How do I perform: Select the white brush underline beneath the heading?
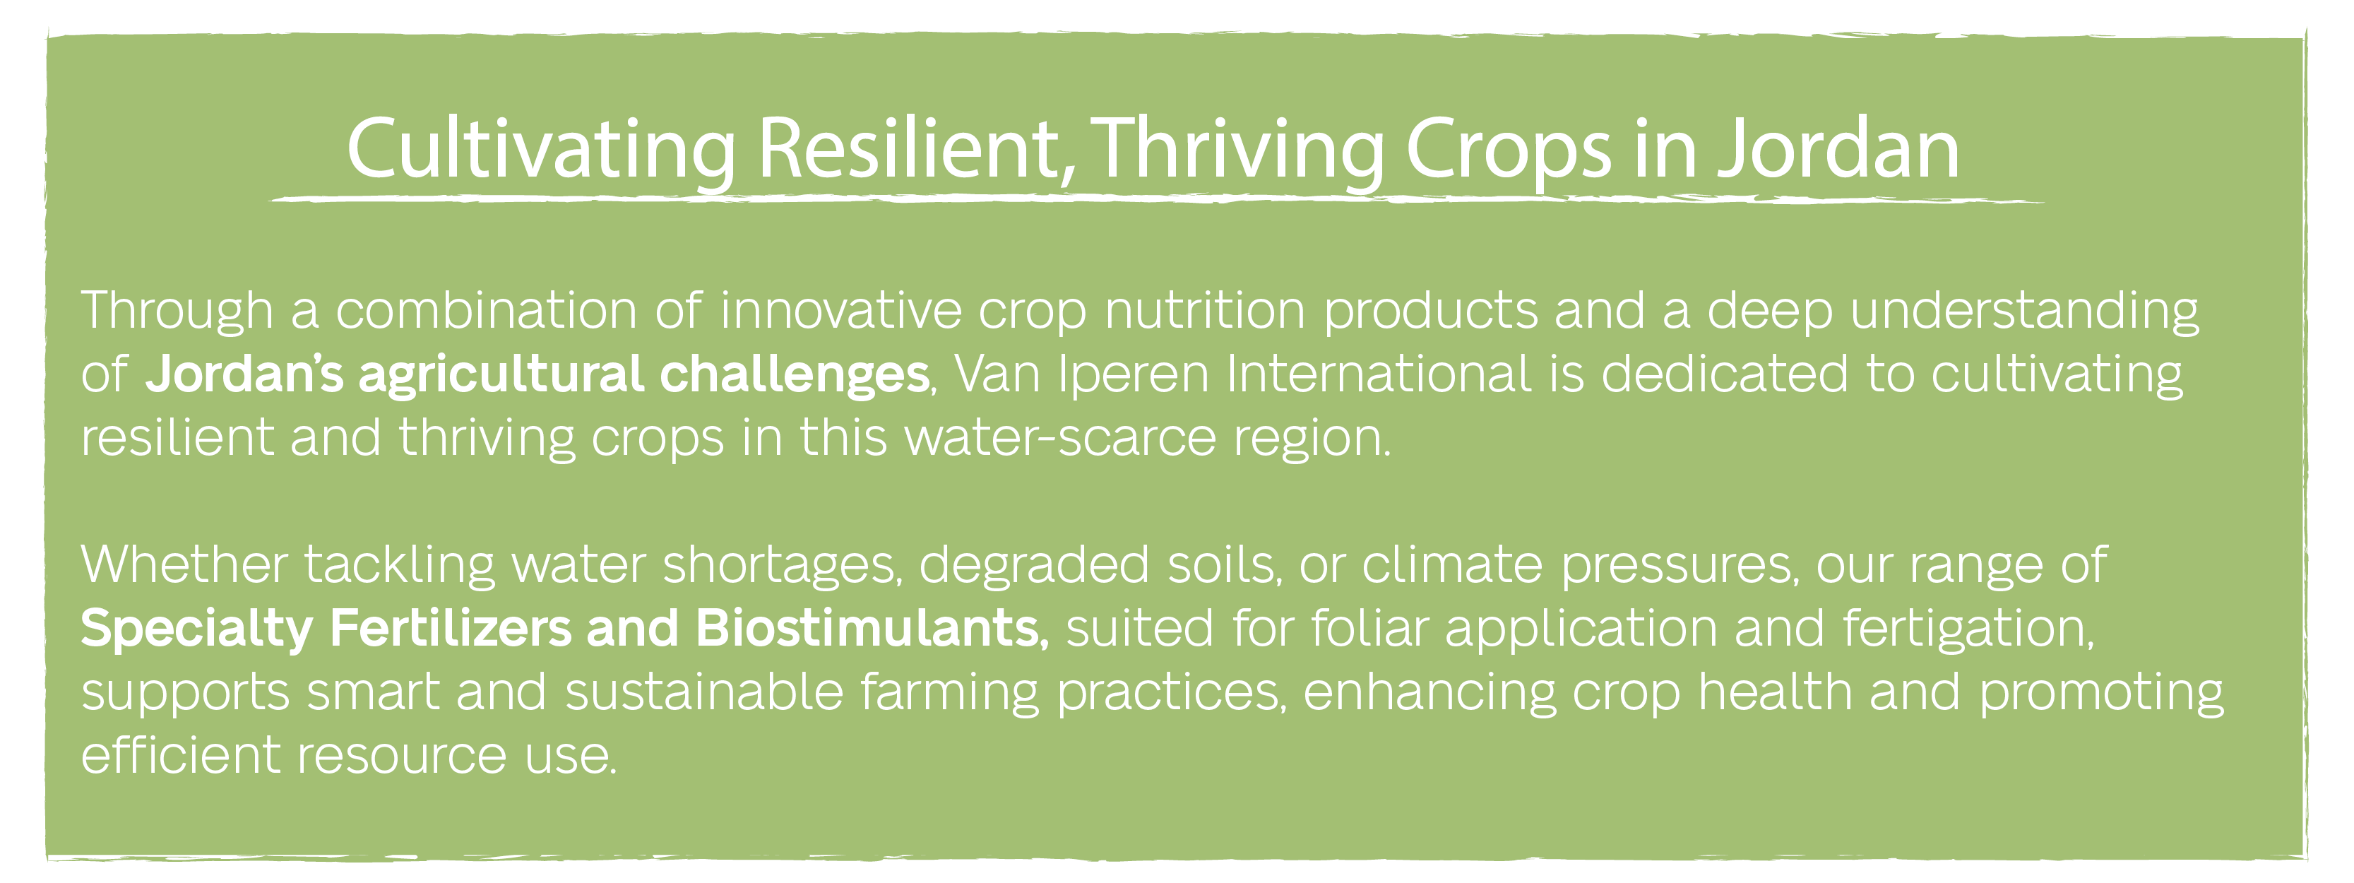(x=1156, y=198)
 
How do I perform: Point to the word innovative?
(x=840, y=311)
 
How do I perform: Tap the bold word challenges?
(x=794, y=376)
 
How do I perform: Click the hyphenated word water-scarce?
(x=1060, y=438)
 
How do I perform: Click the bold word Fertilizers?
(x=451, y=628)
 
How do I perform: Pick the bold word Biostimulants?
(x=872, y=628)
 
